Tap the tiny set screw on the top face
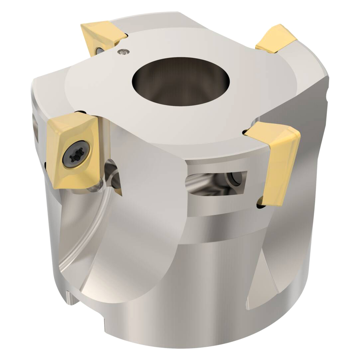(123, 51)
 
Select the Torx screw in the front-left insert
(76, 154)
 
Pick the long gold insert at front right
(281, 163)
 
